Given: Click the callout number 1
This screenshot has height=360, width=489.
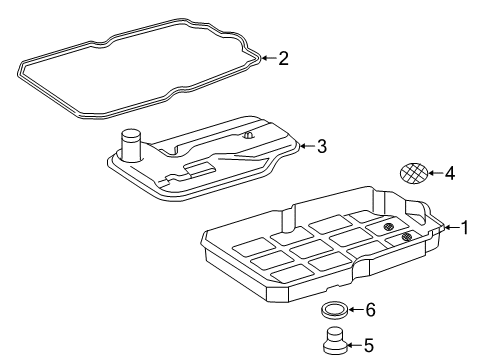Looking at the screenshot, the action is pyautogui.click(x=464, y=227).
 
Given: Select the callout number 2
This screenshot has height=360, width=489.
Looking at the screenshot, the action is pyautogui.click(x=283, y=58).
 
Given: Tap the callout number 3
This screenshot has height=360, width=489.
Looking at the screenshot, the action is pyautogui.click(x=322, y=146).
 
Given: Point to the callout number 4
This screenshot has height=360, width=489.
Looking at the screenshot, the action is pyautogui.click(x=450, y=173).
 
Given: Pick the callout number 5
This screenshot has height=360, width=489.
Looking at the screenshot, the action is pyautogui.click(x=369, y=345).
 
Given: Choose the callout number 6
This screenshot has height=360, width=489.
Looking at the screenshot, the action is pyautogui.click(x=371, y=310).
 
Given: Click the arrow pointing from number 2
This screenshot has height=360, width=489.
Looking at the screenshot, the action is pyautogui.click(x=269, y=58).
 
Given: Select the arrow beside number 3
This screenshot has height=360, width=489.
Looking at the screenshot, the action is pyautogui.click(x=307, y=146).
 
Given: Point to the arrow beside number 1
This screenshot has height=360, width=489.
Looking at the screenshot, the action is pyautogui.click(x=452, y=227).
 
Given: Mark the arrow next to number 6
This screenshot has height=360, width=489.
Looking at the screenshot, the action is pyautogui.click(x=356, y=310).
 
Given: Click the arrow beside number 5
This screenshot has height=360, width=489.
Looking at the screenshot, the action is pyautogui.click(x=355, y=345).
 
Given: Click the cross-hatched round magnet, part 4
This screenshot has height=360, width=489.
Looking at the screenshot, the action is pyautogui.click(x=414, y=173).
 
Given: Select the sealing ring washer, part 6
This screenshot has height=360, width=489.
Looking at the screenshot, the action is pyautogui.click(x=335, y=310).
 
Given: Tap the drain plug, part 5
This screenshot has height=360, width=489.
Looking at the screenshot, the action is pyautogui.click(x=335, y=341).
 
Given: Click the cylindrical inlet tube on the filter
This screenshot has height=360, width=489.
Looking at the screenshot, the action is pyautogui.click(x=131, y=145).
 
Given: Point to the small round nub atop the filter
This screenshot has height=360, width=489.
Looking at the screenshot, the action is pyautogui.click(x=248, y=135).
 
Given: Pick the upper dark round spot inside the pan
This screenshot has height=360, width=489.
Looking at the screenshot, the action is pyautogui.click(x=389, y=227).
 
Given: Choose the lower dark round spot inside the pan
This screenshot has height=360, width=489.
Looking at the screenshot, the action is pyautogui.click(x=407, y=237).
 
